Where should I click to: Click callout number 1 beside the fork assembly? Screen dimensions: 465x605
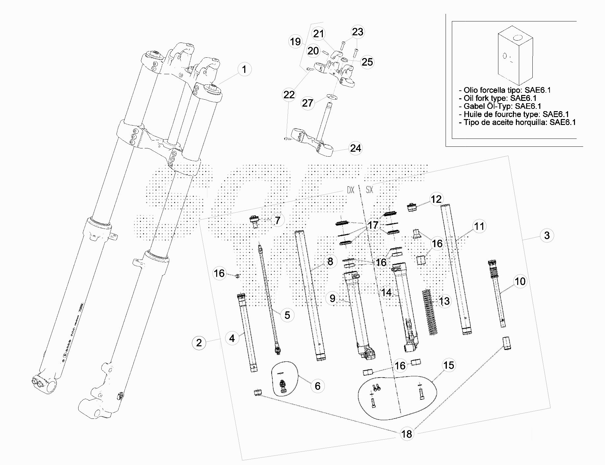(x=244, y=70)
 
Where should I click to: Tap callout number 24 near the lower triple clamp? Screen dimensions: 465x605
(x=355, y=148)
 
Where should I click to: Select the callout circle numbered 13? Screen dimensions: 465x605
(x=444, y=301)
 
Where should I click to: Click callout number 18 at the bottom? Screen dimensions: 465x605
(x=407, y=434)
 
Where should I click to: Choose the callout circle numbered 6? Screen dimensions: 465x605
(x=318, y=386)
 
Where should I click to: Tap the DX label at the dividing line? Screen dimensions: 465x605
(x=350, y=190)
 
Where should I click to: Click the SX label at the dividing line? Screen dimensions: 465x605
(x=369, y=190)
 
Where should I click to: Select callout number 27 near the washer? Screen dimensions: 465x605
(x=307, y=103)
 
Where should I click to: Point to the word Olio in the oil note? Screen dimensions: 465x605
(x=471, y=90)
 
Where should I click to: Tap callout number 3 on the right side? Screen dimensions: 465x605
(x=547, y=235)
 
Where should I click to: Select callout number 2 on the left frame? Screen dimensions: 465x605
(x=199, y=343)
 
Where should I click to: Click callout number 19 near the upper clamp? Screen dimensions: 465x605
(x=295, y=42)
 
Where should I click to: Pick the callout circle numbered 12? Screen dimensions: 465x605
(x=436, y=199)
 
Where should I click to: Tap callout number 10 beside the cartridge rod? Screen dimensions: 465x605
(x=520, y=281)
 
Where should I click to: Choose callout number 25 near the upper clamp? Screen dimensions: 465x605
(x=367, y=62)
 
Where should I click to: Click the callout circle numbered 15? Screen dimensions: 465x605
(x=449, y=365)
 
